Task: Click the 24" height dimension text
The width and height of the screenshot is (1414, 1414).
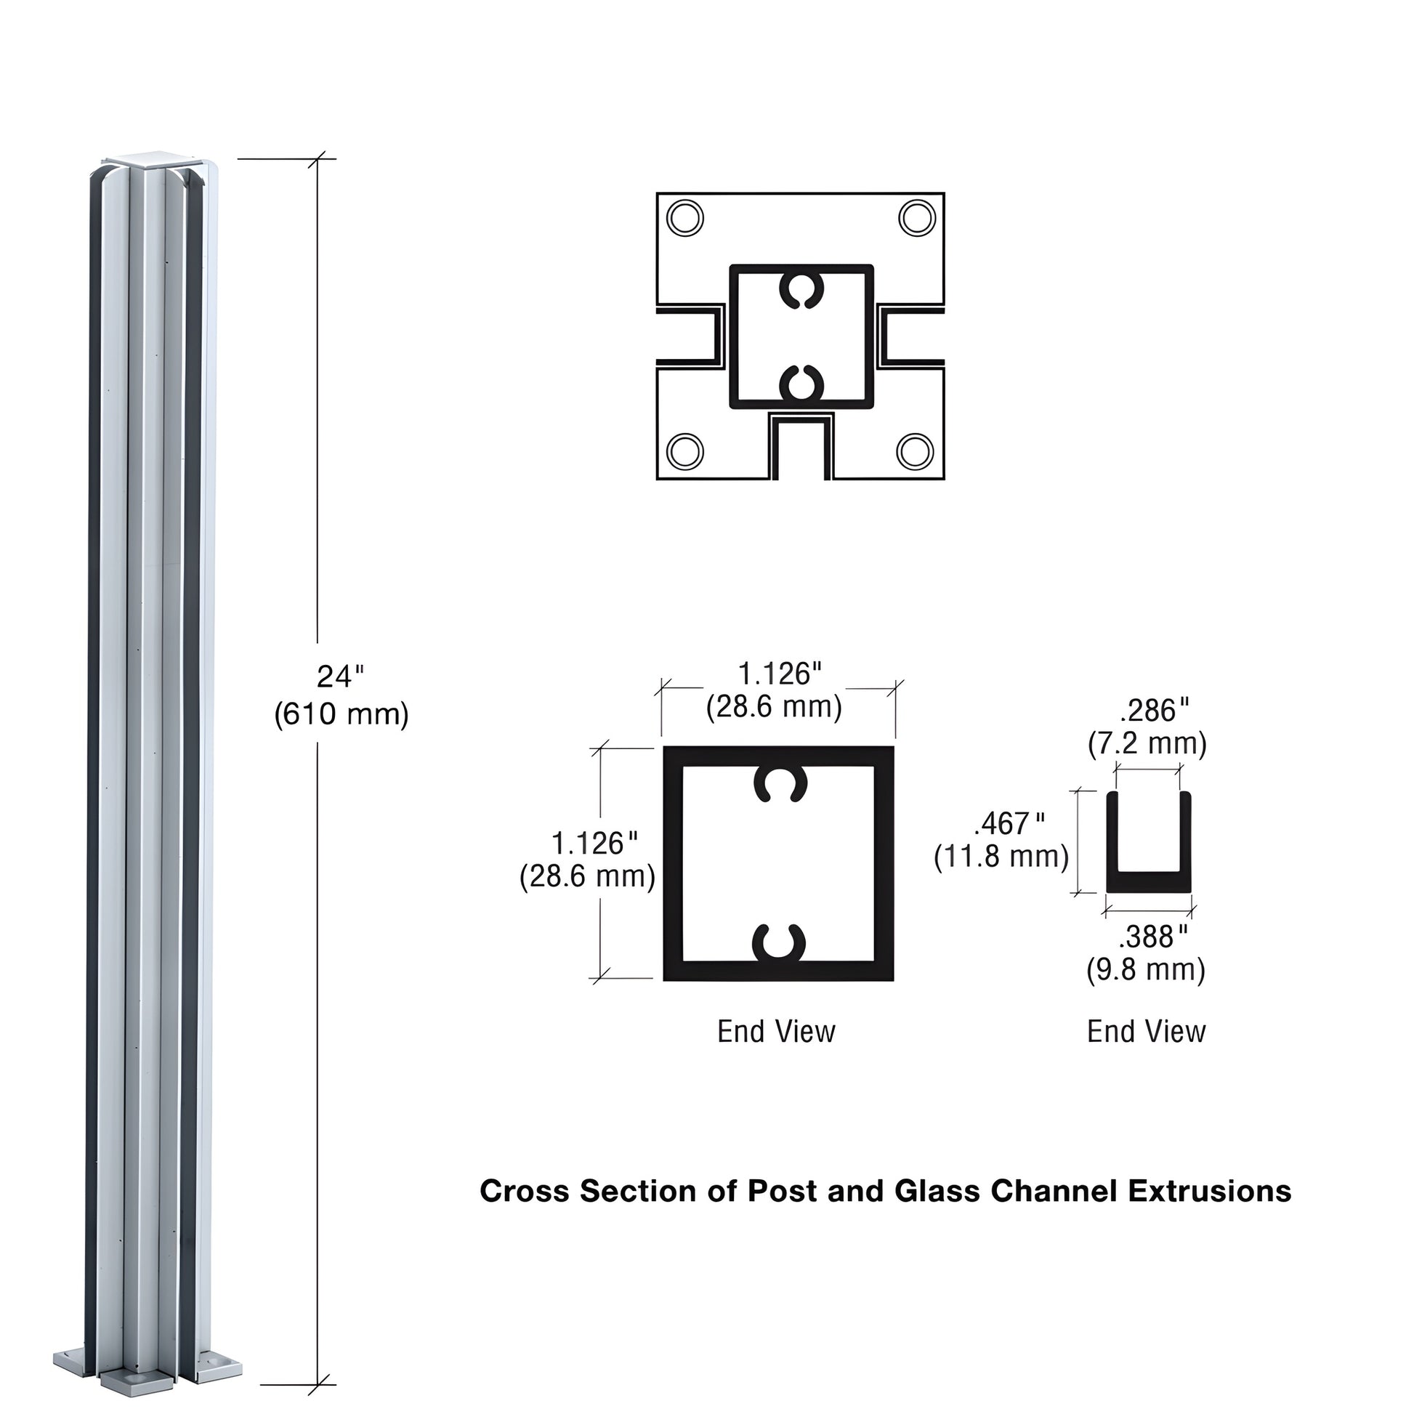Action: point(339,677)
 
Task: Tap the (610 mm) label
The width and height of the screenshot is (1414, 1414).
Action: point(341,714)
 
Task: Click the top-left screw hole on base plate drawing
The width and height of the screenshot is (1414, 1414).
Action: point(686,218)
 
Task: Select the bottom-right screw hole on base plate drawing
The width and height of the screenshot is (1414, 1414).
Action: point(915,451)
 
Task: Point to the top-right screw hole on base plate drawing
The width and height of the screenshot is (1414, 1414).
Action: point(917,218)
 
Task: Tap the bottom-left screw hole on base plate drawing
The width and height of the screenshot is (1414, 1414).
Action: point(686,451)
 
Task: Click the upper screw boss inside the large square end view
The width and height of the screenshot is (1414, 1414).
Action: point(780,785)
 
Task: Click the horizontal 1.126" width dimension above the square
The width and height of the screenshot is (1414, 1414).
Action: point(779,674)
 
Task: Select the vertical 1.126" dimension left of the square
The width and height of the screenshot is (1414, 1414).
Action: point(594,844)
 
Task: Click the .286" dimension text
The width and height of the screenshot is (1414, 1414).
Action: point(1154,711)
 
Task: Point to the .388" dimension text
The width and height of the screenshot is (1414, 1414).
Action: point(1152,937)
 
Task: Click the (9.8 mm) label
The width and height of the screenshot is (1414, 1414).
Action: point(1145,971)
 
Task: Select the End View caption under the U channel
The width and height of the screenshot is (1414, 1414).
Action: point(1146,1031)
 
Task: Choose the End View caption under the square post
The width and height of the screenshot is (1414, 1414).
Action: point(776,1031)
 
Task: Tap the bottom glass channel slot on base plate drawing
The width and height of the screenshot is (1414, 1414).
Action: point(801,448)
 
